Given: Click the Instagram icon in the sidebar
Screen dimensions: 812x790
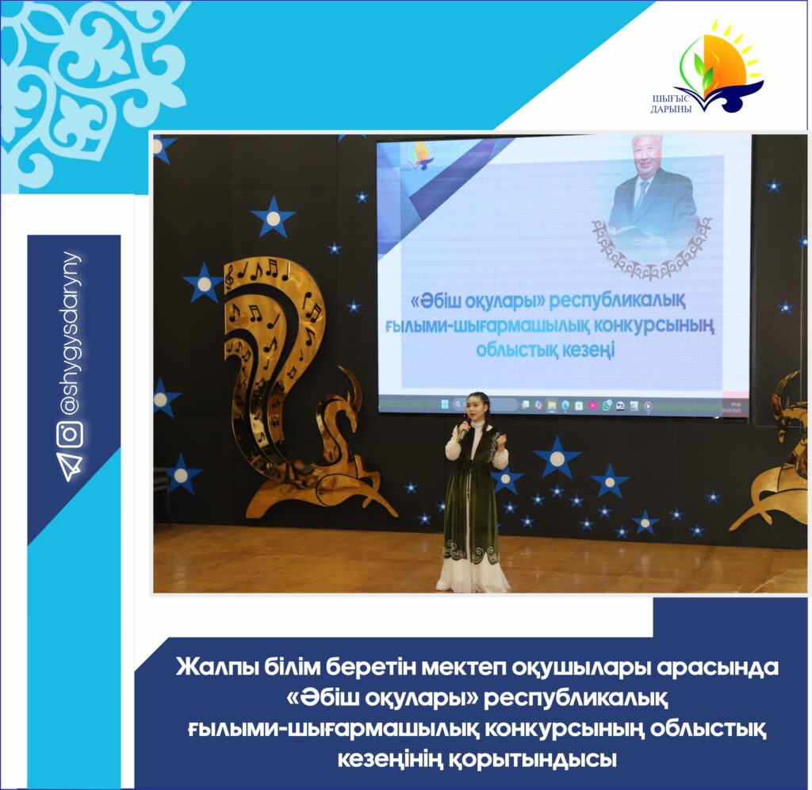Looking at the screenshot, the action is [70, 434].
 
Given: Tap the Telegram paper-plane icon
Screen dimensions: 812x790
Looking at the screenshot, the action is [71, 466].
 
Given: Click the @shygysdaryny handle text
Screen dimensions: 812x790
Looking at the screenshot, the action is [71, 334].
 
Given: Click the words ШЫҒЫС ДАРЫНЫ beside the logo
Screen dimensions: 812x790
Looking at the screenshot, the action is [671, 104].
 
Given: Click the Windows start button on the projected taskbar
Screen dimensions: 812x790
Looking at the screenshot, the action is [444, 404].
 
